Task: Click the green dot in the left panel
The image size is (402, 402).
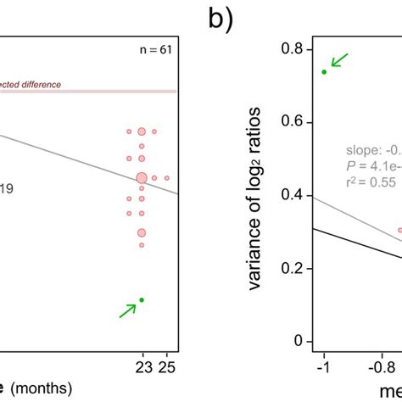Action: click(142, 299)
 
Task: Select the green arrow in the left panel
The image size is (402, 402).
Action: click(127, 311)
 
